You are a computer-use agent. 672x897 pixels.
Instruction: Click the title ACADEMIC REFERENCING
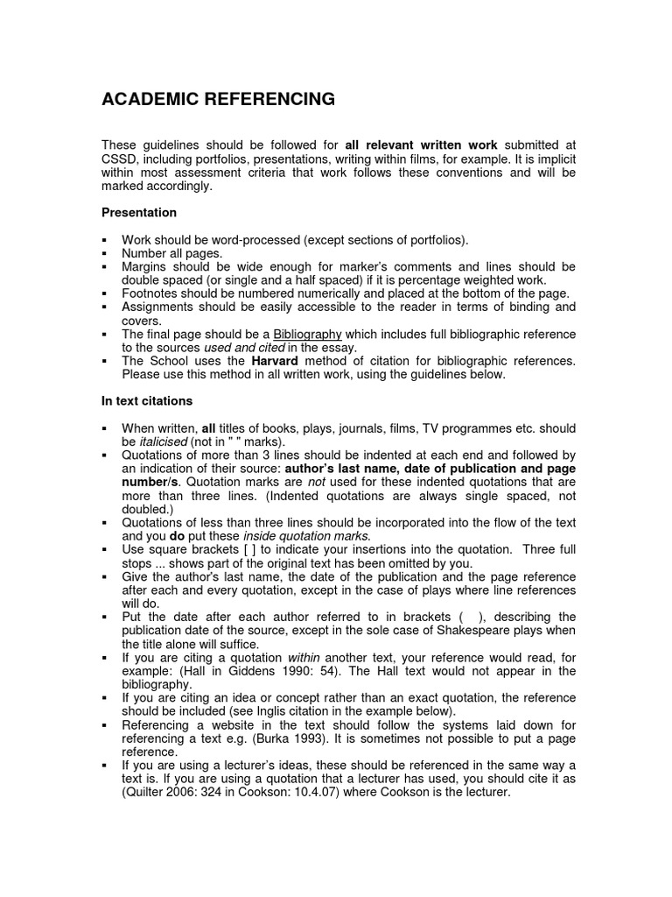218,100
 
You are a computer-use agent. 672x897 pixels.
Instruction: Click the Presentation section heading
139,213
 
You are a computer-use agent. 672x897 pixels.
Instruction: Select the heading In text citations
147,401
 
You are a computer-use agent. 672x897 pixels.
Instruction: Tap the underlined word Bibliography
307,335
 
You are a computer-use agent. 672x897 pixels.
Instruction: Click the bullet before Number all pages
105,253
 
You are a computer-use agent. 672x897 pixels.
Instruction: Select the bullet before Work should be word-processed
105,240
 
